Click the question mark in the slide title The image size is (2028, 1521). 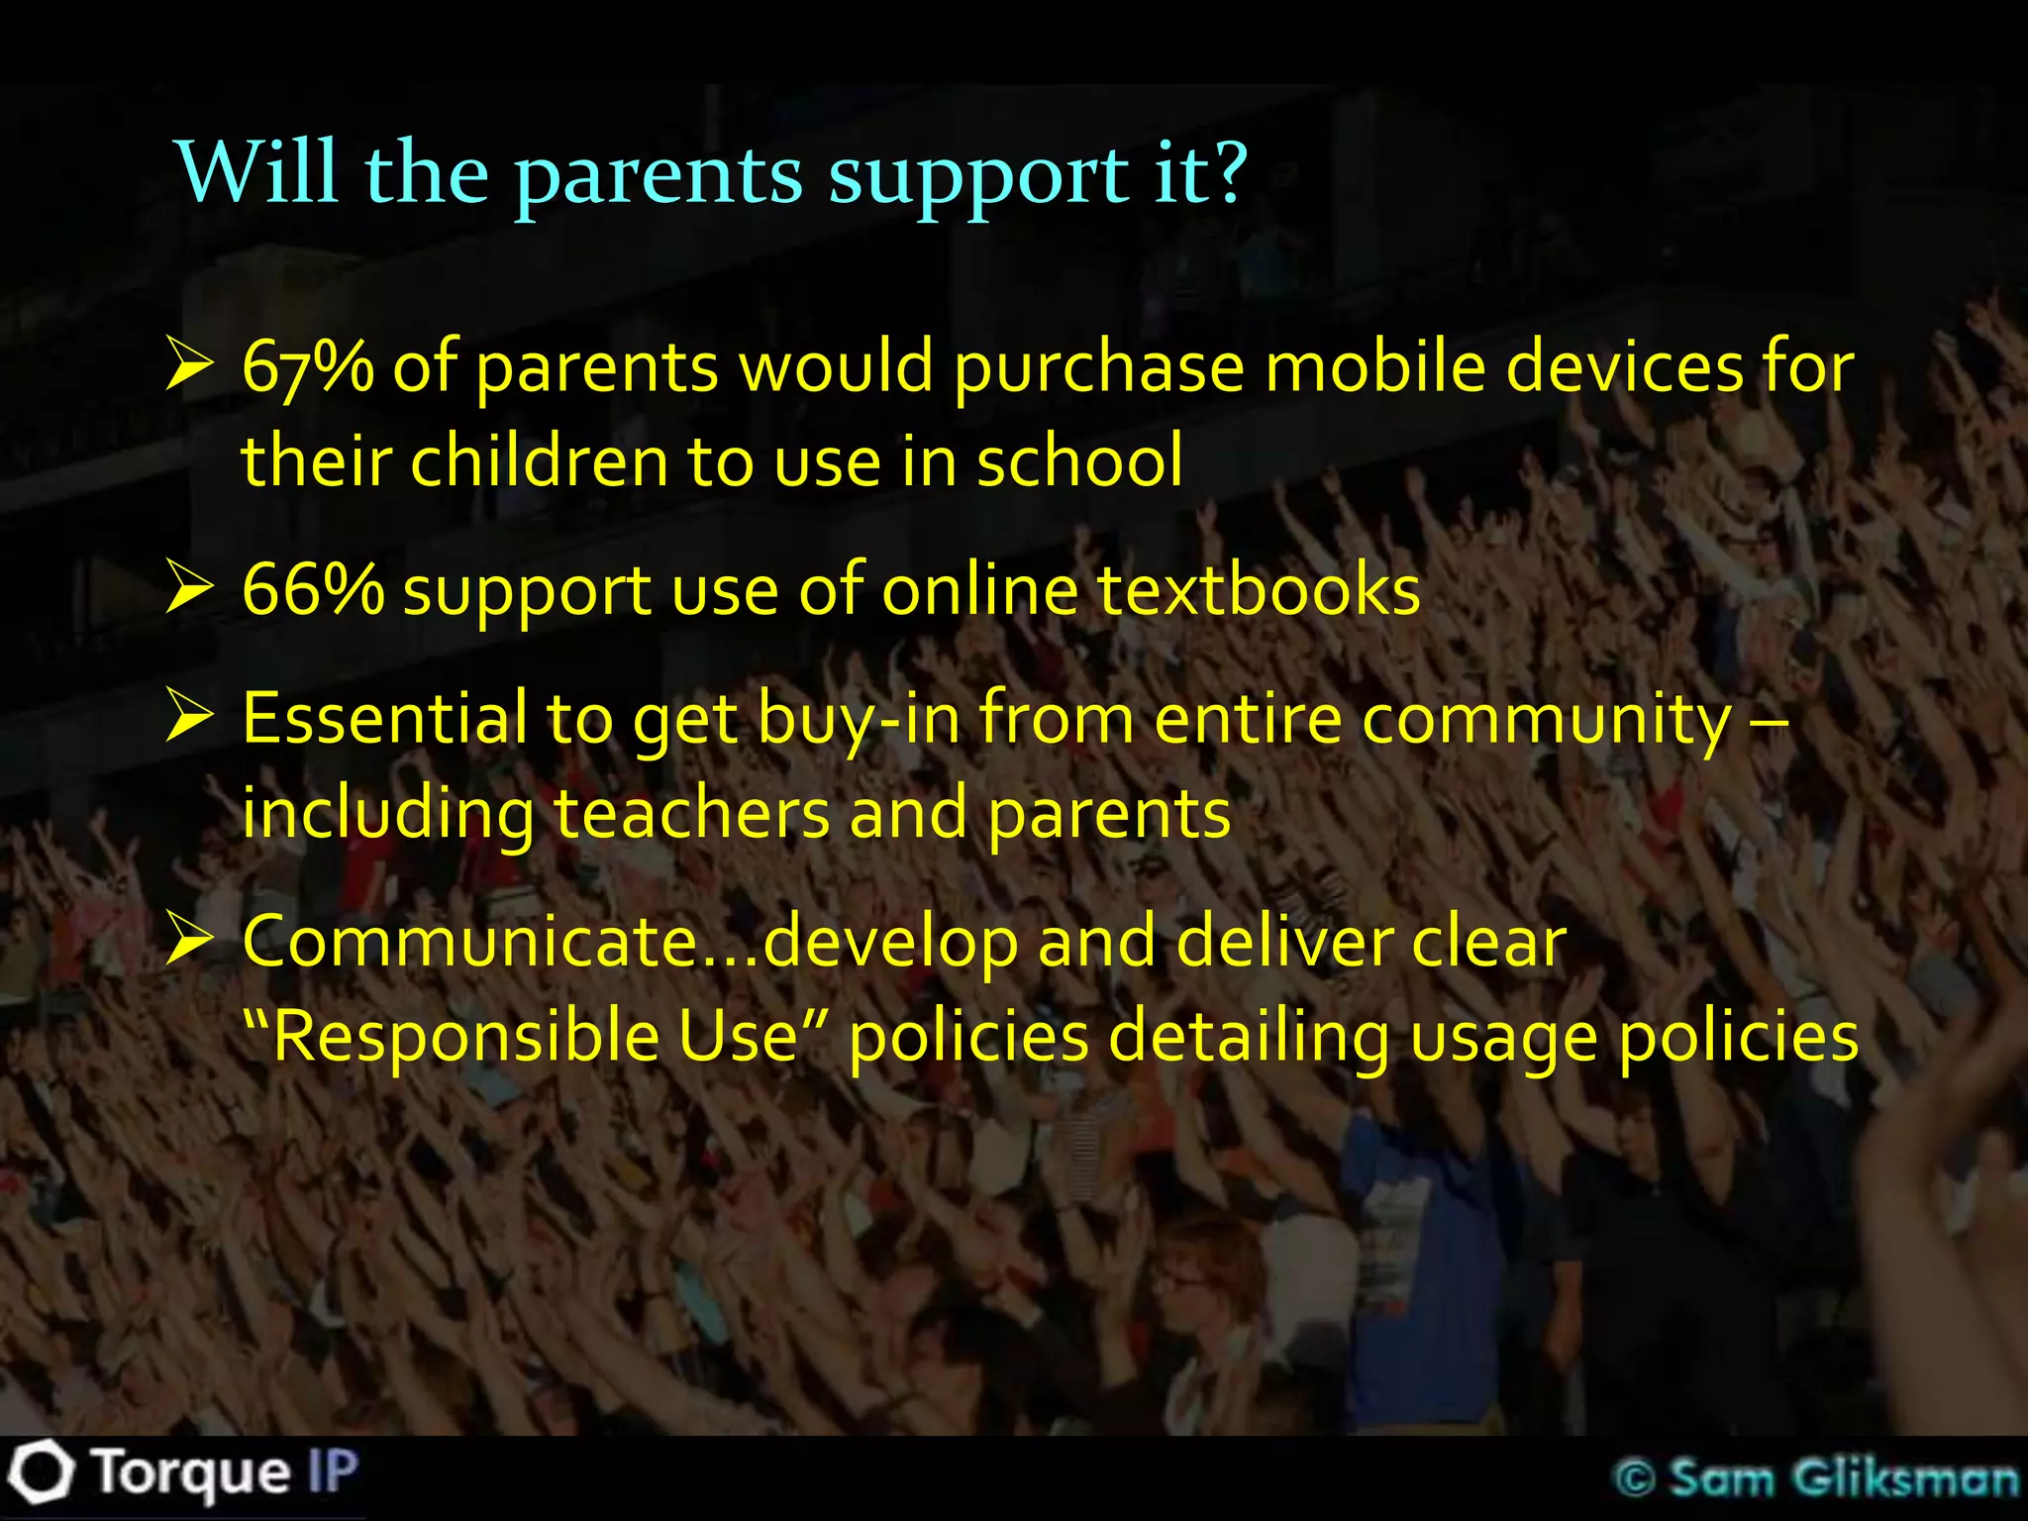[x=1224, y=173]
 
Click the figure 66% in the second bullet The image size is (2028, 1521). [x=312, y=591]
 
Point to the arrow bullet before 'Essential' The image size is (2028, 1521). [x=190, y=716]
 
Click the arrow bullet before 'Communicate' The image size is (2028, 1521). [x=190, y=939]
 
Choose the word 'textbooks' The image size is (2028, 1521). [x=1259, y=591]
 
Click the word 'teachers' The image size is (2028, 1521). [x=690, y=814]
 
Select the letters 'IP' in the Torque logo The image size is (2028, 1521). [x=332, y=1471]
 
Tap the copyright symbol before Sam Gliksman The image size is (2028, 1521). [x=1635, y=1478]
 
